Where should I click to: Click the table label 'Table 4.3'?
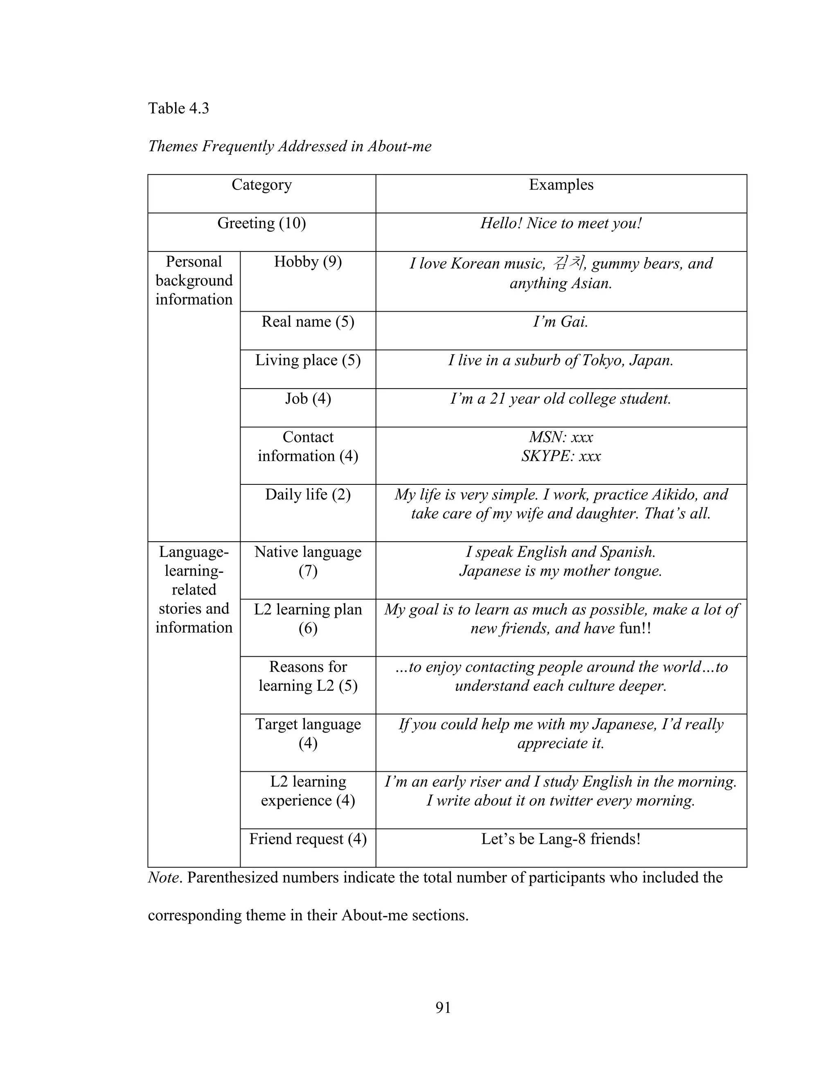178,108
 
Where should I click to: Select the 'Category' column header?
261,185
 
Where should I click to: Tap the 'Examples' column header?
561,185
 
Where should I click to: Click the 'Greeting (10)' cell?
261,223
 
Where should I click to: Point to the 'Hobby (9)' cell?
308,262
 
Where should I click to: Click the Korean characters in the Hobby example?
569,262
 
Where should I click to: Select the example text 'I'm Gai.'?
561,322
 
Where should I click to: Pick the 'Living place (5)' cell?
308,360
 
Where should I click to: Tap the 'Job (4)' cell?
308,398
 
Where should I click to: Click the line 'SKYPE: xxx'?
561,456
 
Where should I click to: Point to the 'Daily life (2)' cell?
308,495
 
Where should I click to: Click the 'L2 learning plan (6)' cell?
308,619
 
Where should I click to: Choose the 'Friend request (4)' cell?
308,839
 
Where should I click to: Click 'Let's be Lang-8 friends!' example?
561,839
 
